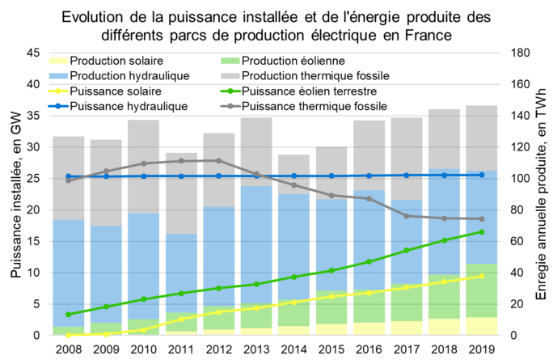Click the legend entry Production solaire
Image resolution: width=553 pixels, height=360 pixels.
click(116, 61)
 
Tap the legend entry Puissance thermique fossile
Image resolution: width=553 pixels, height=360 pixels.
click(314, 106)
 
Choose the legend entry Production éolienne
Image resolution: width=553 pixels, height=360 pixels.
click(293, 61)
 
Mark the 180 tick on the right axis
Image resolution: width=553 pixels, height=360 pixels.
click(520, 53)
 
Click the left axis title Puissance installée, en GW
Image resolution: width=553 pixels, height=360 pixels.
click(15, 194)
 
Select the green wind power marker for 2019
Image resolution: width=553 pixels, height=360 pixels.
click(482, 232)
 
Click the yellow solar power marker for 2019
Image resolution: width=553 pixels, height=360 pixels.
click(482, 276)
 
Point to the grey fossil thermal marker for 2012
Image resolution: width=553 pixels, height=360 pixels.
click(218, 160)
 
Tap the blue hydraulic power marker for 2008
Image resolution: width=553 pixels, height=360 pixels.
click(69, 176)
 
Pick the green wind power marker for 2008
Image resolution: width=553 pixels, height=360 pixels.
click(69, 315)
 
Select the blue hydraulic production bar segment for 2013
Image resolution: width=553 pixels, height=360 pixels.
click(256, 243)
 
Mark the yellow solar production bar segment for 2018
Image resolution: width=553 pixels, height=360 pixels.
click(444, 327)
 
